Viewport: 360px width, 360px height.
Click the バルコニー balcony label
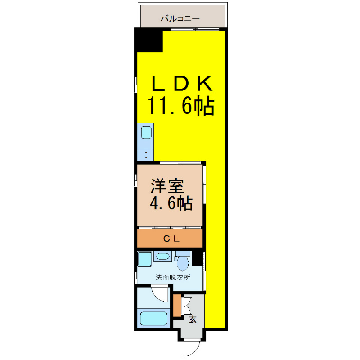click(180, 18)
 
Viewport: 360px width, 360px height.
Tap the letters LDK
click(182, 83)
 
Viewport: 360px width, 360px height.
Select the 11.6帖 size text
click(181, 106)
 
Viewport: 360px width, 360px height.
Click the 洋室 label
click(167, 186)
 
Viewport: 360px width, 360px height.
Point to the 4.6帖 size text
click(171, 203)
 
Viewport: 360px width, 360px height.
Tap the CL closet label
click(171, 239)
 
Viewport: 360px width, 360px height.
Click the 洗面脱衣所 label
click(173, 277)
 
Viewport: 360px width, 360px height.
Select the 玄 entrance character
click(193, 319)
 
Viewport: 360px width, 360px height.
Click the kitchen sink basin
click(146, 133)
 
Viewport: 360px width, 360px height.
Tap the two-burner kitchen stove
click(145, 154)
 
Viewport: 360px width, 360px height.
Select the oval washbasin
click(163, 256)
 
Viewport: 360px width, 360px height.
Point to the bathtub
click(153, 318)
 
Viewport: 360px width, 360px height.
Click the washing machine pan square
click(144, 259)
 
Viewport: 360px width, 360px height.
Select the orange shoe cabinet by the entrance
click(177, 306)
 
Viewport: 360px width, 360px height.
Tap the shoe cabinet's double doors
click(186, 306)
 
